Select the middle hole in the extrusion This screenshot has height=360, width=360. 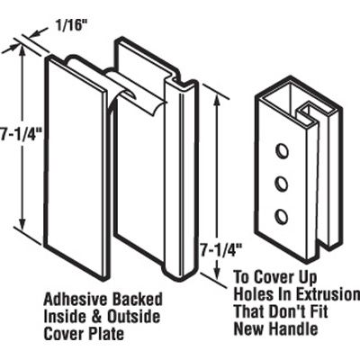pos(280,184)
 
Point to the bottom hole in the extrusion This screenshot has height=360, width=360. pos(281,216)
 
